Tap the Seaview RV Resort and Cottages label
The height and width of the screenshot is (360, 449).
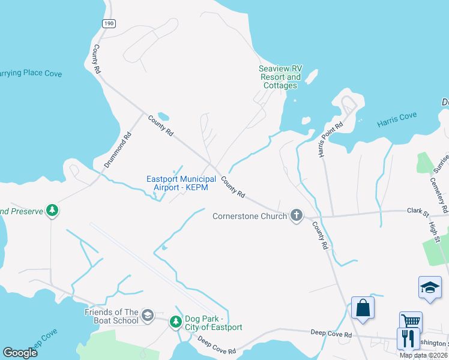pyautogui.click(x=280, y=77)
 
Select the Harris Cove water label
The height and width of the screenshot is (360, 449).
pyautogui.click(x=396, y=123)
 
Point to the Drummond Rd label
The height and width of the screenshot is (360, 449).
pyautogui.click(x=117, y=150)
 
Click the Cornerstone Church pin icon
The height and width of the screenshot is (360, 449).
pyautogui.click(x=296, y=215)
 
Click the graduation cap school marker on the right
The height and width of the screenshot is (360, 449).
pyautogui.click(x=429, y=287)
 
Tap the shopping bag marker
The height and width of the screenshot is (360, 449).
pyautogui.click(x=363, y=308)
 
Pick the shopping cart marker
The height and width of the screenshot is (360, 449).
pyautogui.click(x=411, y=322)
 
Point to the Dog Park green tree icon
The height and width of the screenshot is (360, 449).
pyautogui.click(x=176, y=322)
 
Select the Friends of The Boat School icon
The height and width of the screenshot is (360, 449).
pyautogui.click(x=148, y=316)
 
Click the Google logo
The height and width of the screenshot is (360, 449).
pyautogui.click(x=20, y=353)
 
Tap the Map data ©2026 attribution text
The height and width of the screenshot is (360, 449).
pyautogui.click(x=423, y=355)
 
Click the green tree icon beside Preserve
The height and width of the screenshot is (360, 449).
pyautogui.click(x=53, y=211)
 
